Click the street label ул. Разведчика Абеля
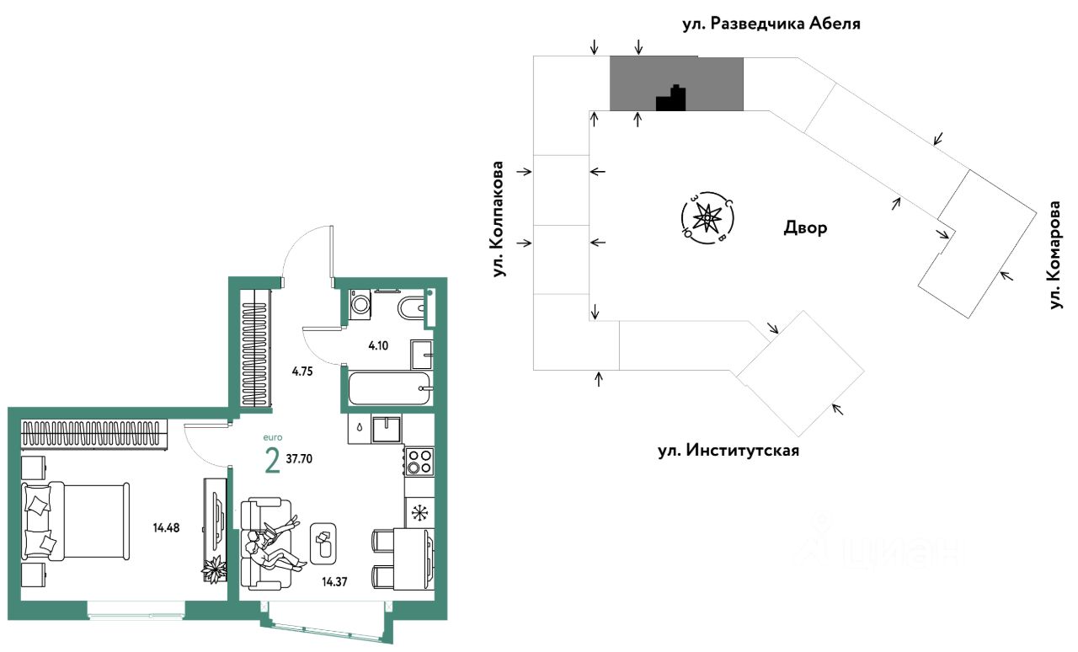tap(772, 24)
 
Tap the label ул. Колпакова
tap(499, 219)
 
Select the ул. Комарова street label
tap(1055, 254)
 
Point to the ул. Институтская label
tap(728, 450)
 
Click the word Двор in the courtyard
tap(805, 227)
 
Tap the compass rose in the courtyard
tap(708, 218)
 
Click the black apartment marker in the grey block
tap(672, 100)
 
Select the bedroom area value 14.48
tap(167, 529)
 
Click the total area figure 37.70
tap(304, 460)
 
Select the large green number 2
tap(272, 462)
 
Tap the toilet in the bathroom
tap(413, 307)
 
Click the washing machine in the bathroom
tap(360, 305)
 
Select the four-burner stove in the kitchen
tap(419, 462)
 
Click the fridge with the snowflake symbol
tap(419, 512)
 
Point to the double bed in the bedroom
tap(76, 521)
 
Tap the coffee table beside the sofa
tap(323, 544)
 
